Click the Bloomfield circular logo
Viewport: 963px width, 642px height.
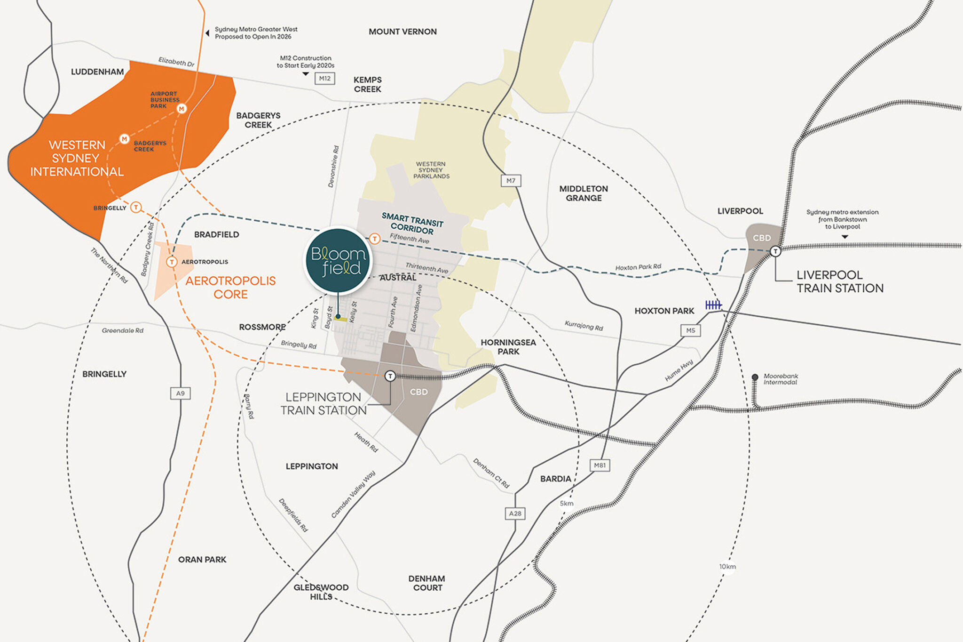338,261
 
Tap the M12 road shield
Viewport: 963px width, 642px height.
324,79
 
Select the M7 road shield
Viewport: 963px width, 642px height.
511,180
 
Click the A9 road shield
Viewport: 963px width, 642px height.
180,393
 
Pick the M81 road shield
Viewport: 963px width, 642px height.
600,465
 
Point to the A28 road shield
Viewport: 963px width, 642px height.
515,514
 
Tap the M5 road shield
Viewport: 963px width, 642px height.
690,330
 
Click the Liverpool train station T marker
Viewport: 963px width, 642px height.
775,251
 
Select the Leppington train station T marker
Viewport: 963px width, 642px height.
390,376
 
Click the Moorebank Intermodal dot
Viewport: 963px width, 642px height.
755,377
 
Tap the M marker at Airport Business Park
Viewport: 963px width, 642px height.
182,109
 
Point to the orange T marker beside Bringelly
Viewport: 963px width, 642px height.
136,207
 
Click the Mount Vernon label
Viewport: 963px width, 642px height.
403,32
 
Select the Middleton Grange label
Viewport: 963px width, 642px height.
584,193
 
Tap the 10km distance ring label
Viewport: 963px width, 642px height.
727,567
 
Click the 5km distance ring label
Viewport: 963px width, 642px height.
567,504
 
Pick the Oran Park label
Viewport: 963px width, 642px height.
202,560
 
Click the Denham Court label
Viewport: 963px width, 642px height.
426,583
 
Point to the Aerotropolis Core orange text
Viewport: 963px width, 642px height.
230,288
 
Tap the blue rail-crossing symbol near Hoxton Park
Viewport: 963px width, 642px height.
713,305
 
